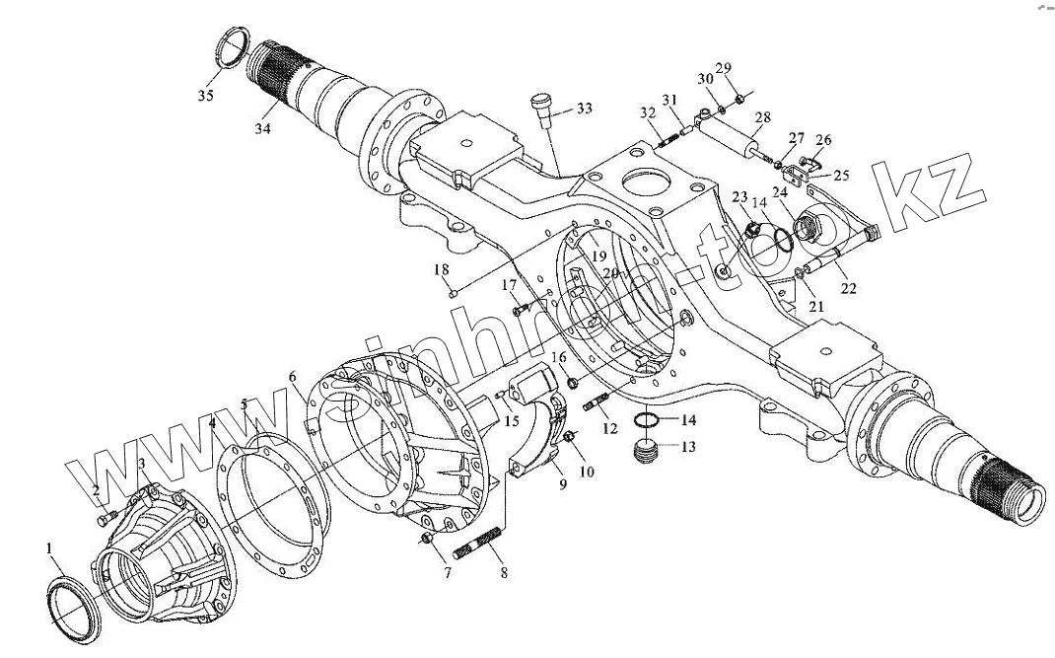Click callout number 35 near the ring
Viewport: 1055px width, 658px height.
point(204,96)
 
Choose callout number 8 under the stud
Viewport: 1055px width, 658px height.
point(504,572)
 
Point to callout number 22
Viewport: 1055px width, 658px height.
point(848,288)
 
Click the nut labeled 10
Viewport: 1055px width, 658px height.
point(570,437)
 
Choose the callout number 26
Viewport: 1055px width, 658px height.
point(823,140)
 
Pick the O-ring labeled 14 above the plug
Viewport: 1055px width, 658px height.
point(645,421)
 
